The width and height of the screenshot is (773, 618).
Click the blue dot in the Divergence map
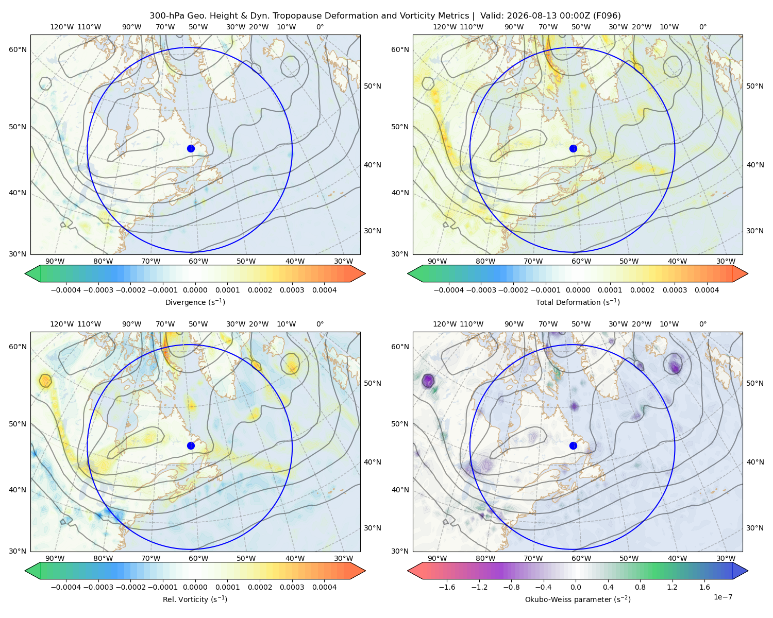(x=191, y=148)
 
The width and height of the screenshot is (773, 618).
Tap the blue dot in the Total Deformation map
(x=573, y=148)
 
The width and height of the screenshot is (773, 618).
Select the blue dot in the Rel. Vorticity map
(x=191, y=445)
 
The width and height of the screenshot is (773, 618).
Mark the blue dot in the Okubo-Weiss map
(x=573, y=445)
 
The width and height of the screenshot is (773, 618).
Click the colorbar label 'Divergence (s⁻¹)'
(x=195, y=302)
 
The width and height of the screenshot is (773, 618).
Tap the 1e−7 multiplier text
(x=722, y=597)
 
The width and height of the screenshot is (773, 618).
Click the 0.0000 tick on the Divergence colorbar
(x=195, y=290)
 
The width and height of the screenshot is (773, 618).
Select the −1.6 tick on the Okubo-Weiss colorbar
(x=447, y=587)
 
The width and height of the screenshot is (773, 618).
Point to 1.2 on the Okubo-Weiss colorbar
(x=672, y=587)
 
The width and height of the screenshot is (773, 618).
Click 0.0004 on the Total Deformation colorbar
(x=707, y=290)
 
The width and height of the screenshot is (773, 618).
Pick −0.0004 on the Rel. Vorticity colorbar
(x=66, y=587)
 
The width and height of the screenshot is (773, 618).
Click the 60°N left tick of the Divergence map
(x=18, y=49)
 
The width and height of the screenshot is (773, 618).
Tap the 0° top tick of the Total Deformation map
(x=703, y=27)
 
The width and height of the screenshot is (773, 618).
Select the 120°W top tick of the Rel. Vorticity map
(x=62, y=323)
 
